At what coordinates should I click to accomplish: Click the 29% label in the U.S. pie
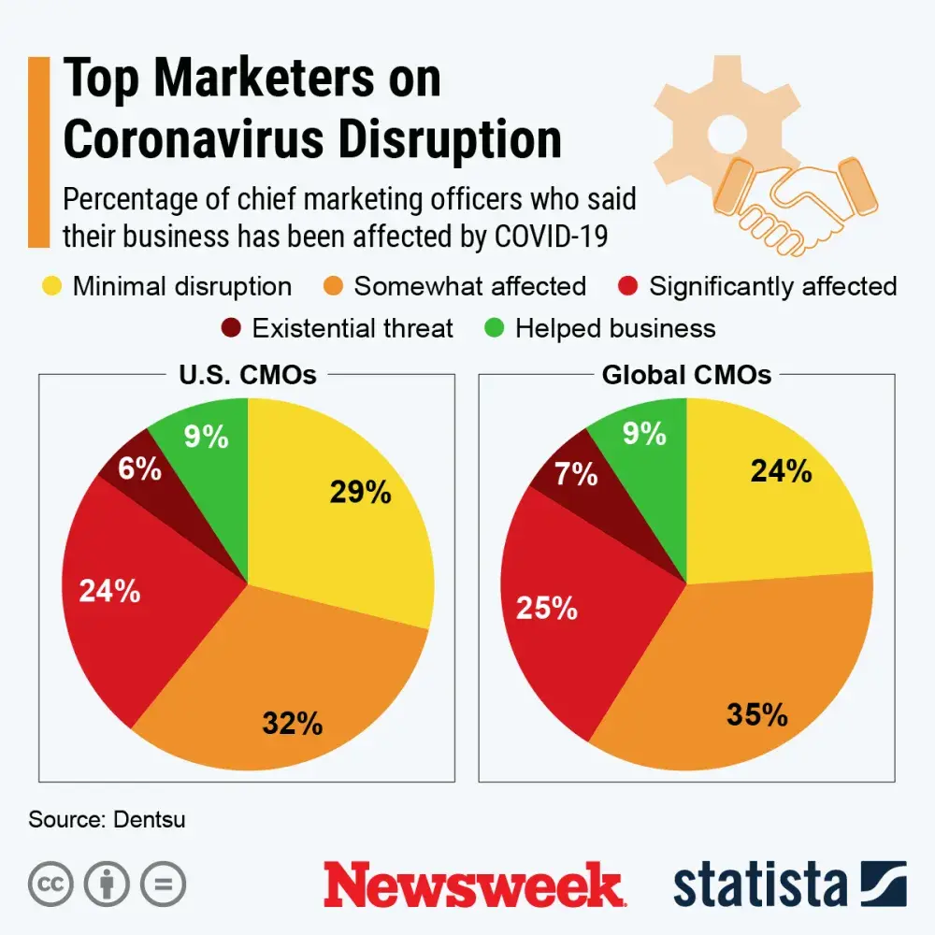click(360, 492)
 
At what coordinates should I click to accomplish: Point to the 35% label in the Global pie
click(757, 715)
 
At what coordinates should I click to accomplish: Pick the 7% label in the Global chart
click(576, 474)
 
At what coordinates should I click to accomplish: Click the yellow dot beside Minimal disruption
click(52, 286)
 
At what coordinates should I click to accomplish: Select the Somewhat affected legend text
click(469, 286)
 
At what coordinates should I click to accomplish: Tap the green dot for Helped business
click(496, 329)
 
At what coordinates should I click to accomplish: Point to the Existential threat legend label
click(352, 329)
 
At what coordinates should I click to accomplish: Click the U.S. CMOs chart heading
click(247, 375)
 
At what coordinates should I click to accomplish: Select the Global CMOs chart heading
click(686, 375)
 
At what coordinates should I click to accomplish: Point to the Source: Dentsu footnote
click(107, 820)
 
